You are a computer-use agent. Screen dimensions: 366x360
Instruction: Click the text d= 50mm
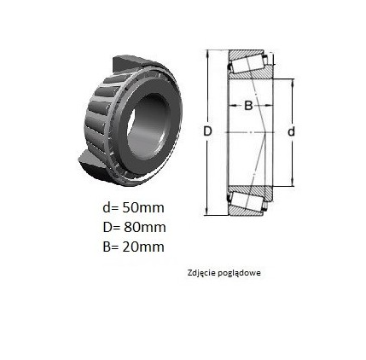133,207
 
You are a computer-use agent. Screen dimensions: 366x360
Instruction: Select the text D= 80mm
134,227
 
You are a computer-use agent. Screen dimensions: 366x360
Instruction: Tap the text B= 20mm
133,247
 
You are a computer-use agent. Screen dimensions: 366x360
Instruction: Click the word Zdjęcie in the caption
202,273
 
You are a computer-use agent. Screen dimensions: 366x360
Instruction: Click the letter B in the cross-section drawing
248,106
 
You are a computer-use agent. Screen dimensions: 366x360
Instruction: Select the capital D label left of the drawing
208,131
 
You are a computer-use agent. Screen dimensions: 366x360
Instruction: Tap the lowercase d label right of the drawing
291,131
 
